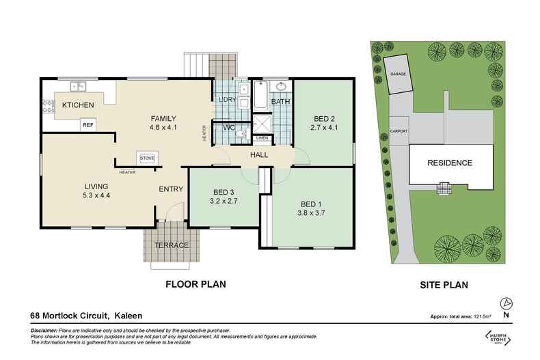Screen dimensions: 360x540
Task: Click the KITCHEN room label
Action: click(77, 106)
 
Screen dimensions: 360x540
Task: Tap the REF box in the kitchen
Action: click(87, 125)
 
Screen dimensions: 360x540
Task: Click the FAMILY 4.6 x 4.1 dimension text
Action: click(164, 127)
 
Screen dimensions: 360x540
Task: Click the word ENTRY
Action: click(170, 189)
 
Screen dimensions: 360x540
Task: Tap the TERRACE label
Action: click(171, 245)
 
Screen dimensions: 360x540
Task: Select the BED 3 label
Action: click(224, 192)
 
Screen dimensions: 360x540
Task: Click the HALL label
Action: click(259, 155)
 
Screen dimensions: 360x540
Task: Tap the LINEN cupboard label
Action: click(262, 139)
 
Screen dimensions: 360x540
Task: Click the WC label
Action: click(230, 127)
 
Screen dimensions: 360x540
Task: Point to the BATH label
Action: click(281, 102)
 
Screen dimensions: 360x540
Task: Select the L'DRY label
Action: click(227, 100)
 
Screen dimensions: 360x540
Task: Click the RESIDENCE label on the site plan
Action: click(450, 163)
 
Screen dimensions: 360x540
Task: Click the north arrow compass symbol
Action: click(505, 303)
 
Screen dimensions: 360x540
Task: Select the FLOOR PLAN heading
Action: click(196, 283)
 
